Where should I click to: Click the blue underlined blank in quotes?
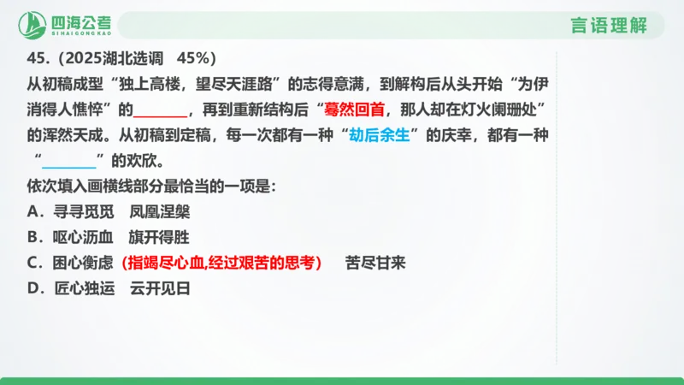coord(69,161)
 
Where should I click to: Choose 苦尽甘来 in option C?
coord(375,263)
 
